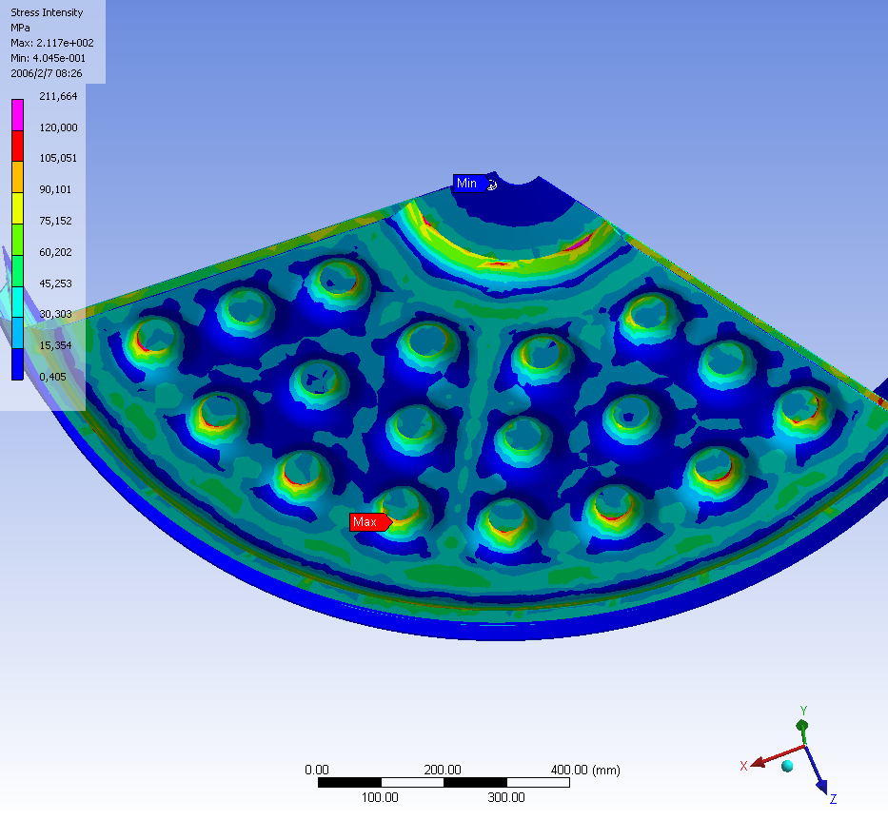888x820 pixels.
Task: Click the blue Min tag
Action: pos(470,184)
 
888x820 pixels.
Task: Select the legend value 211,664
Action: pos(58,96)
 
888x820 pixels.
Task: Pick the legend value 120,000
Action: pos(58,127)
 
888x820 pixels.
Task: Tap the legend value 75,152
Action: pos(55,221)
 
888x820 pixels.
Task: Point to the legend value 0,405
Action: pos(52,377)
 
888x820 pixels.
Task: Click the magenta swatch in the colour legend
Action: pos(17,115)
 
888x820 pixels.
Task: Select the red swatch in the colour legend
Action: pos(17,146)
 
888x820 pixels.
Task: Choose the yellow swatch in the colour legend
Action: pos(17,208)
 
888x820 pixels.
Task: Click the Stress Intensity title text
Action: pos(47,12)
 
